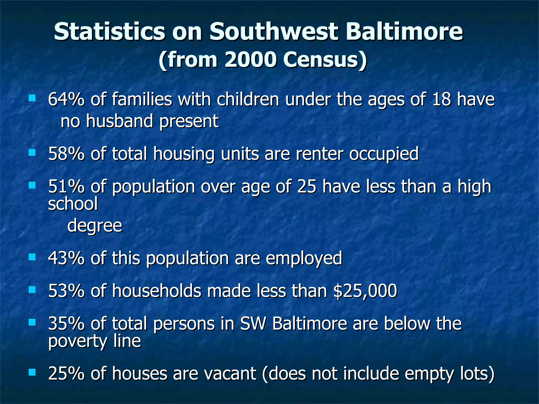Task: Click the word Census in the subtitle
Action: click(x=325, y=60)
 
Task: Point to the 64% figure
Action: click(x=66, y=99)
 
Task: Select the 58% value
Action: click(x=66, y=154)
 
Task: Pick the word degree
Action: click(x=95, y=226)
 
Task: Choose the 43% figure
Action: click(x=66, y=258)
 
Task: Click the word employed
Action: click(x=304, y=259)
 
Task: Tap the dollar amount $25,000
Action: click(x=365, y=291)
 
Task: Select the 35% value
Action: click(x=66, y=323)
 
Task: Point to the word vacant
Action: click(x=227, y=373)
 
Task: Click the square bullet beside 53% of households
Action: click(x=32, y=290)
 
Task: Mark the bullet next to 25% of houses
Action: click(x=32, y=372)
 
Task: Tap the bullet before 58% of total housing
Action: click(x=32, y=153)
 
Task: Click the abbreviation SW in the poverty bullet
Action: click(x=253, y=323)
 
